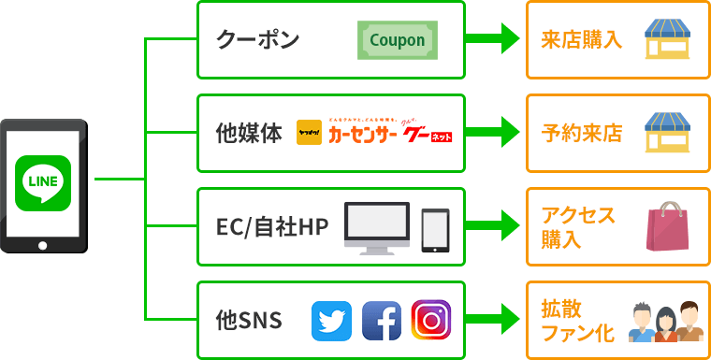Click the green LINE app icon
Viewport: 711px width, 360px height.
pyautogui.click(x=43, y=181)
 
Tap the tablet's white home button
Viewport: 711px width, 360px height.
pyautogui.click(x=43, y=246)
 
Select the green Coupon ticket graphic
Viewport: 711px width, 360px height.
pyautogui.click(x=397, y=41)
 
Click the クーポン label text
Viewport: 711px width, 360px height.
pyautogui.click(x=257, y=41)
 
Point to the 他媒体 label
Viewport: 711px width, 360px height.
pyautogui.click(x=248, y=134)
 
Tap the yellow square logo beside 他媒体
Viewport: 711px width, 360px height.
pyautogui.click(x=308, y=133)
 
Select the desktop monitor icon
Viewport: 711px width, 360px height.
pyautogui.click(x=377, y=227)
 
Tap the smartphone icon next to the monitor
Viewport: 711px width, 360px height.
pyautogui.click(x=435, y=229)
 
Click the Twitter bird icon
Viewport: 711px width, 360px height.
pyautogui.click(x=330, y=321)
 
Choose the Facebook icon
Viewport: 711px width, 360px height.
pyautogui.click(x=381, y=321)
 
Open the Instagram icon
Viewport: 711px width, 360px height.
pyautogui.click(x=430, y=320)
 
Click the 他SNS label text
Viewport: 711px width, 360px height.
pyautogui.click(x=249, y=321)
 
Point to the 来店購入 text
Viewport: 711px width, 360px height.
pyautogui.click(x=581, y=40)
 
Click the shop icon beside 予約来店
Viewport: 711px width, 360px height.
pyautogui.click(x=667, y=133)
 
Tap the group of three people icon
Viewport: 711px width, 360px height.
pyautogui.click(x=665, y=322)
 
